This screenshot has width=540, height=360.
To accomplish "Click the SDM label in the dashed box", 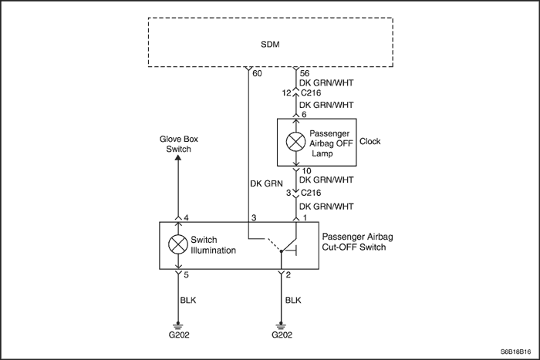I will pos(271,45).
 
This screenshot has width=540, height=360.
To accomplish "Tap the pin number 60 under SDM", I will pos(257,74).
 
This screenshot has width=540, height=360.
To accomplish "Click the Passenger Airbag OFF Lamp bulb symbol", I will pos(295,142).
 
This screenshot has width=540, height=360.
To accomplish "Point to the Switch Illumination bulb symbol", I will pos(178,244).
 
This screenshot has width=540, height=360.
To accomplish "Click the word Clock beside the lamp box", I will pos(370,141).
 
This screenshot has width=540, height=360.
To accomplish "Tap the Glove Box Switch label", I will pos(178,144).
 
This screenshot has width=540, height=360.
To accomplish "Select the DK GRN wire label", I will pos(265,183).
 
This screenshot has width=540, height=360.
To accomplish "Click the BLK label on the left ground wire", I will pos(187,299).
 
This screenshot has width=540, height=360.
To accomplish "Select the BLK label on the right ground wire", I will pos(294,299).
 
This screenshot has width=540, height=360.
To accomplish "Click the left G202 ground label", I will pos(178,336).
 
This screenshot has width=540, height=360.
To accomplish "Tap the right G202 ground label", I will pos(283,336).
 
